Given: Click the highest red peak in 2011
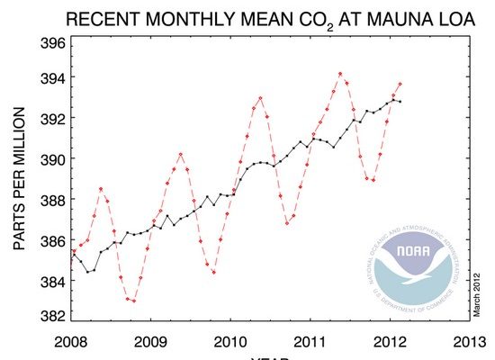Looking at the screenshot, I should (x=339, y=74).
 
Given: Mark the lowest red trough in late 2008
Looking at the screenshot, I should (x=134, y=301).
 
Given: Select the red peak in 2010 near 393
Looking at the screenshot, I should (x=260, y=97).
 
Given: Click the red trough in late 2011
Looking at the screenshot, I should (x=373, y=180).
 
